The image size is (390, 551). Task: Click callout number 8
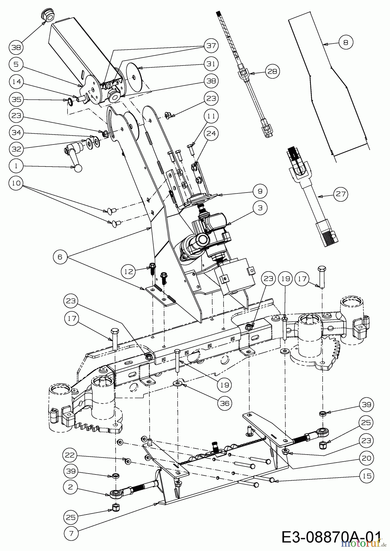346,42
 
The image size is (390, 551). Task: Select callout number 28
272,71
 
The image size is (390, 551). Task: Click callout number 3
260,208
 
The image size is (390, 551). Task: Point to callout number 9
260,191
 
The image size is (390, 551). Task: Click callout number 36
225,403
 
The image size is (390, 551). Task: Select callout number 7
71,533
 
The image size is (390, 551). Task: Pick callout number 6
60,257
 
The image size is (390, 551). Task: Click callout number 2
71,487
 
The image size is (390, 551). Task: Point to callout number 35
16,99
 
